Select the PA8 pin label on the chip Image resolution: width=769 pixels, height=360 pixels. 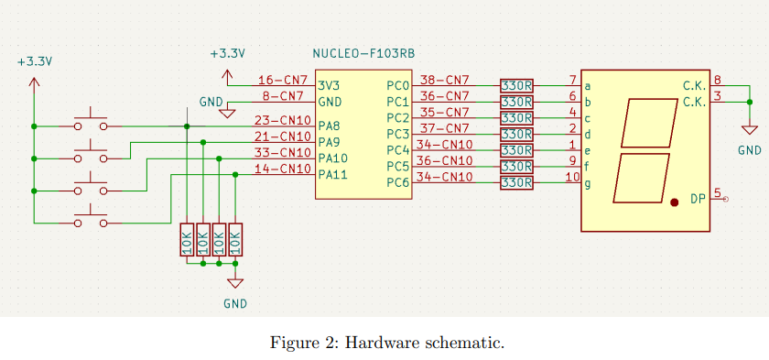coord(329,125)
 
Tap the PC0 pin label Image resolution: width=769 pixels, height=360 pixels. coord(397,85)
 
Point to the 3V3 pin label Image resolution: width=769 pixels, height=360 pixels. coord(330,85)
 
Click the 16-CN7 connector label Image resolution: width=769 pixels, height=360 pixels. coord(283,81)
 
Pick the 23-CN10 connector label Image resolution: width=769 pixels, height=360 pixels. coord(283,120)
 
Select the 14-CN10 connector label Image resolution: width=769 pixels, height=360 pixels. coord(283,169)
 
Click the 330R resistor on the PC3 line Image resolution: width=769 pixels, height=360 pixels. coord(517,134)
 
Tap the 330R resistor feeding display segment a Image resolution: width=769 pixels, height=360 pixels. coord(517,85)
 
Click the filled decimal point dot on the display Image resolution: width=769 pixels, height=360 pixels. coord(675,202)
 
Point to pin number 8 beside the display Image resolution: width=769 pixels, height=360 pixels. coord(718,81)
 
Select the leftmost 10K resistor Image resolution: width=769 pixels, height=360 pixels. coord(187,242)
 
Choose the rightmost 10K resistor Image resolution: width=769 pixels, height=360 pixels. coord(235,242)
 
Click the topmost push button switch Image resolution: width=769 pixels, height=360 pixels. coord(91,122)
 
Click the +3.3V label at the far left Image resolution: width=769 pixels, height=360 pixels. coord(35,61)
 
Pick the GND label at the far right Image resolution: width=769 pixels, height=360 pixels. coord(749,149)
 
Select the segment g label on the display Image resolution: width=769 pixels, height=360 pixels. coord(588,183)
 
